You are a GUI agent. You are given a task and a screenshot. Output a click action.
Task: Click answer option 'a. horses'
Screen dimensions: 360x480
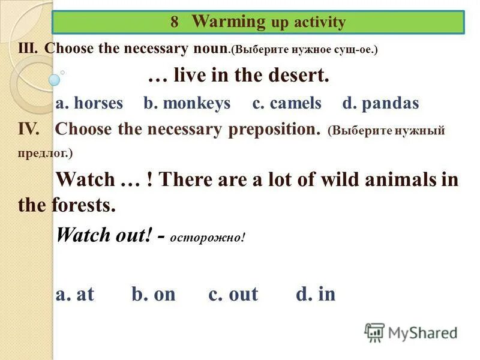click(89, 103)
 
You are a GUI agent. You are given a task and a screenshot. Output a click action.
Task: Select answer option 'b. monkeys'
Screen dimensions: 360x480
click(187, 103)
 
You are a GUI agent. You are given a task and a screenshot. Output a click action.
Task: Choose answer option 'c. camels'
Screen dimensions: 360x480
click(287, 103)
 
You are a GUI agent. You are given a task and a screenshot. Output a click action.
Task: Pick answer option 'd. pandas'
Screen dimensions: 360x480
click(380, 103)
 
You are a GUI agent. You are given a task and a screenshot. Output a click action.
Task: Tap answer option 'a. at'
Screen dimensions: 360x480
click(75, 294)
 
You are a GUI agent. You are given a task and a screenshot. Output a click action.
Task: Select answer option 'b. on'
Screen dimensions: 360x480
click(153, 294)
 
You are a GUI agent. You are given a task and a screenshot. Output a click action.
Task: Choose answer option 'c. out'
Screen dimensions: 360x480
click(233, 294)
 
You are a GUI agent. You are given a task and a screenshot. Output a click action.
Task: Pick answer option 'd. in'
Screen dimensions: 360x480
click(316, 294)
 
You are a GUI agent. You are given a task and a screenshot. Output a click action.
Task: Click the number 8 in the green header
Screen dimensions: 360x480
click(175, 23)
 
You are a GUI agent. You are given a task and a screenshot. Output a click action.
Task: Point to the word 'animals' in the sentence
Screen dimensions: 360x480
click(377, 179)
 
